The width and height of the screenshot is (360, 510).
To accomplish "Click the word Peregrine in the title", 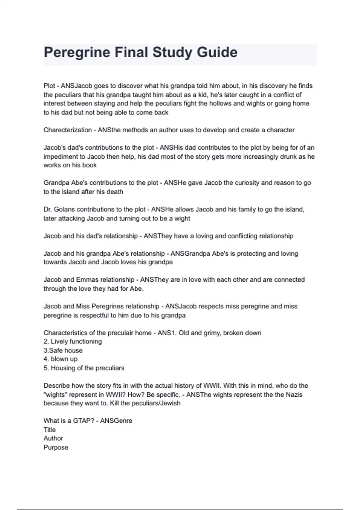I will point(77,52).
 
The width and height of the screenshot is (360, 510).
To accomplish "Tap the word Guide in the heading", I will point(217,52).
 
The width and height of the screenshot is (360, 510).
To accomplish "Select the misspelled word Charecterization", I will point(67,130).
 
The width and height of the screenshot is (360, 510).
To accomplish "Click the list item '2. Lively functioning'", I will point(73,341).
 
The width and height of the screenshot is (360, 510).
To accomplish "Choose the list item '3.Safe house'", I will point(63,350).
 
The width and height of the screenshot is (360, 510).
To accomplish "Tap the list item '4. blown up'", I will point(61,359).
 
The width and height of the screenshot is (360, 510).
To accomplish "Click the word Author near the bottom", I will point(53,438).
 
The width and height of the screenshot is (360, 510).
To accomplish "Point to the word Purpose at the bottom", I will point(56,447).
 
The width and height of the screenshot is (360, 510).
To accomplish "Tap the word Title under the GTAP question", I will point(49,430).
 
